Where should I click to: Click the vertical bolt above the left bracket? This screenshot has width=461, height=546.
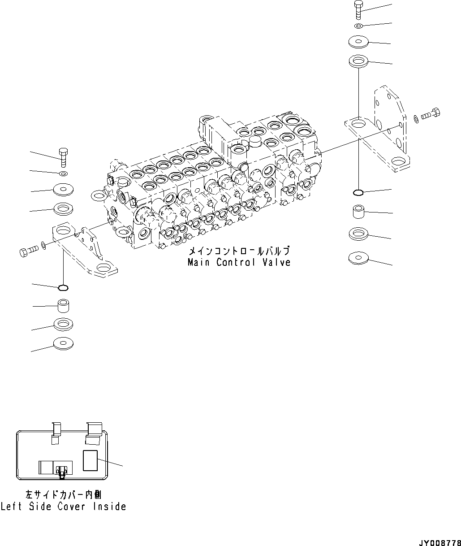63,156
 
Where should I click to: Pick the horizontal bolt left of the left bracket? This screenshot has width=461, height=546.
27,251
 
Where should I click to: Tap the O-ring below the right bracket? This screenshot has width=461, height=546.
358,193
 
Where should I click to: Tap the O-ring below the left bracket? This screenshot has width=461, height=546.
63,287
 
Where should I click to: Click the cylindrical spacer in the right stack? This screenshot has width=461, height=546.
358,211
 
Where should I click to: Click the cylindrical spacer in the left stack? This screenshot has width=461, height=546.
63,306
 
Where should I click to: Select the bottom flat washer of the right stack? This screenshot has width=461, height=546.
358,258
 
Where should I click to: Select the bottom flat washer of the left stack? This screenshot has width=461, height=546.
63,344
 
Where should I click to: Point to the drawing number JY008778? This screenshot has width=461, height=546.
439,543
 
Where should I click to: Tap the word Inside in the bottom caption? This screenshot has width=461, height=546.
109,507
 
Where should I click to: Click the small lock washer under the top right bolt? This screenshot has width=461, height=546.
358,26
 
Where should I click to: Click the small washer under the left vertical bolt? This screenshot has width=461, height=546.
63,173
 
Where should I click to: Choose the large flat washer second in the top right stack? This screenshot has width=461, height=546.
358,41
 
